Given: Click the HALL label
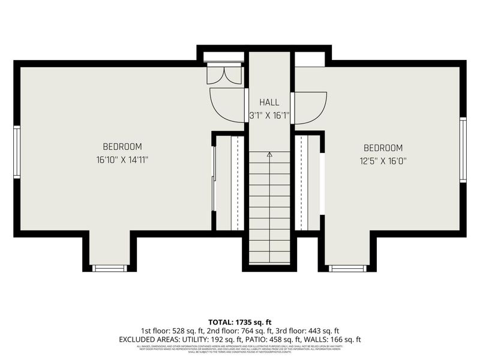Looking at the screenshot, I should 269,103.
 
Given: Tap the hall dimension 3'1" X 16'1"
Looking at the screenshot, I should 269,115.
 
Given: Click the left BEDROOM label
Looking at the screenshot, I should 122,146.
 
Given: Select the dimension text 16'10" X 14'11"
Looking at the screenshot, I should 122,160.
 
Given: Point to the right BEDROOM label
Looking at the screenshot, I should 383,148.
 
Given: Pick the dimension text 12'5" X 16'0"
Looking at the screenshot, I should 383,161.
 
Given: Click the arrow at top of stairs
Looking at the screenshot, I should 269,155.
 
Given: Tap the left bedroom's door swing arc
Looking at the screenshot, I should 225,102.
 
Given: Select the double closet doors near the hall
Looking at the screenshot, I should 224,74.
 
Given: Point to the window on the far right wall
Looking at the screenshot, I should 463,149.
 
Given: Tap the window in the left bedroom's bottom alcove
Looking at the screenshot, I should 110,268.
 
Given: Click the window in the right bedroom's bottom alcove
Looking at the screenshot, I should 347,268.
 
